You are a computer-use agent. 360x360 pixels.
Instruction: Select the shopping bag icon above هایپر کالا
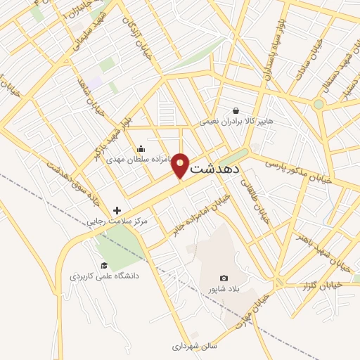coord(236,110)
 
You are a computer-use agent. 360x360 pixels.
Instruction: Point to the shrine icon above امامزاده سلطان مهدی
coord(141,148)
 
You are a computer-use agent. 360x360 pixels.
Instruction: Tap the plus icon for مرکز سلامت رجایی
coord(117,210)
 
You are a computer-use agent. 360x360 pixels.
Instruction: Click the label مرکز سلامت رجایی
coord(117,221)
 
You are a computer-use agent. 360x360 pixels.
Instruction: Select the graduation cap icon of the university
coord(104,265)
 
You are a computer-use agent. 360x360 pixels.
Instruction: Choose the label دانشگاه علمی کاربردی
coord(104,276)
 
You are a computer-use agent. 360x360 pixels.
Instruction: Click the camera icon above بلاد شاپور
coord(224,278)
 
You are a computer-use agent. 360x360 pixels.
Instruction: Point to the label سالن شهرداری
coord(195,346)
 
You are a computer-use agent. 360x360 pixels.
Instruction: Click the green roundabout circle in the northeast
coord(319,104)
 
